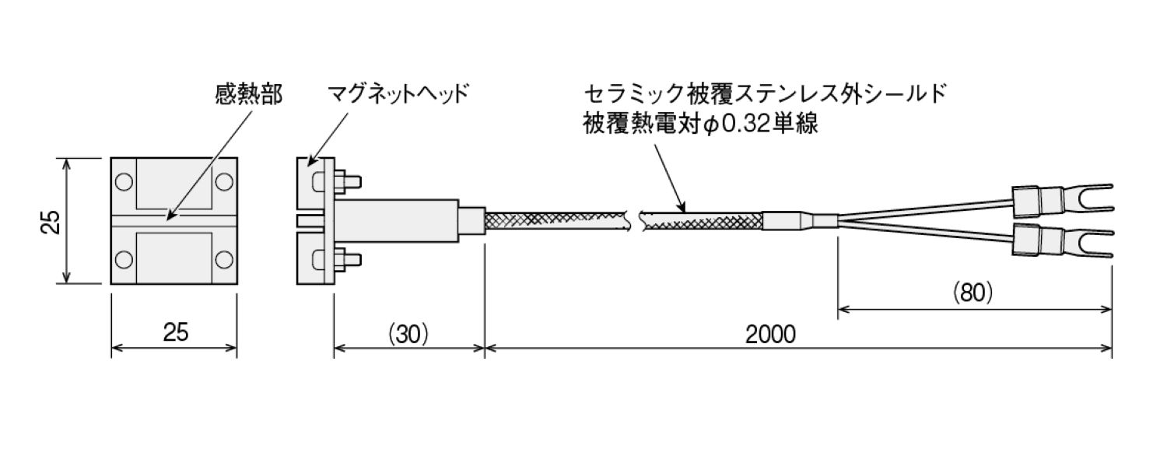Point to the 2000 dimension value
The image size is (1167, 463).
click(x=770, y=335)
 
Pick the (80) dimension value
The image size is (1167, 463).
click(x=973, y=293)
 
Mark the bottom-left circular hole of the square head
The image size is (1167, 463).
click(x=124, y=258)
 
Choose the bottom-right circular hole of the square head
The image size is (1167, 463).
click(x=224, y=258)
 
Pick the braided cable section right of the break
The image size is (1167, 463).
click(x=700, y=220)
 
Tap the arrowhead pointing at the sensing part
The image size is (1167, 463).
click(x=169, y=212)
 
